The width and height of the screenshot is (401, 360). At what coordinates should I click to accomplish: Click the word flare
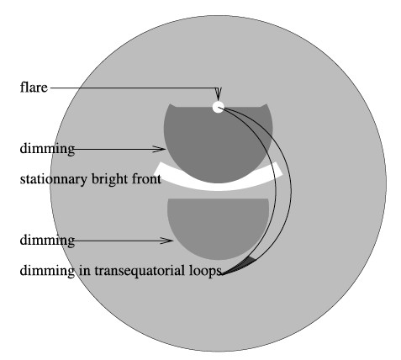coord(34,87)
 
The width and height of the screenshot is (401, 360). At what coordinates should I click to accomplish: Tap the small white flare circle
coord(219,107)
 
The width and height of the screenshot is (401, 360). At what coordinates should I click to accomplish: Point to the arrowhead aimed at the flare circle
coord(219,94)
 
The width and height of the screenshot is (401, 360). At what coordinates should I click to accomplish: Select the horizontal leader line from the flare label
coord(134,88)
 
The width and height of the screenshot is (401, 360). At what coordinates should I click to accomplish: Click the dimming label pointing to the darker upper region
coord(47,148)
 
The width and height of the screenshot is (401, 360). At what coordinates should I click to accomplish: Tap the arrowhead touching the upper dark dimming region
coord(159,149)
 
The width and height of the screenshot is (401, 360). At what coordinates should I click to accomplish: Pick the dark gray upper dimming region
coord(218,140)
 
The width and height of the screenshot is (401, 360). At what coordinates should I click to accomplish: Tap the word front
coord(146,179)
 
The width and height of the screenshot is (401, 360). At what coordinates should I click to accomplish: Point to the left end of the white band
coord(157,167)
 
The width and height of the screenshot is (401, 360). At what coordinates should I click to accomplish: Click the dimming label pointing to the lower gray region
coord(47,240)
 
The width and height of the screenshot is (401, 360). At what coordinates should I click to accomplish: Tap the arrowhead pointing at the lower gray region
coord(166,241)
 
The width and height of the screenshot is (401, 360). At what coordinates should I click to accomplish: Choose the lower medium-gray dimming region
coord(218,225)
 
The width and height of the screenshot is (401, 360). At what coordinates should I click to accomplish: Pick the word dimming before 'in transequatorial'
coord(47,271)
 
